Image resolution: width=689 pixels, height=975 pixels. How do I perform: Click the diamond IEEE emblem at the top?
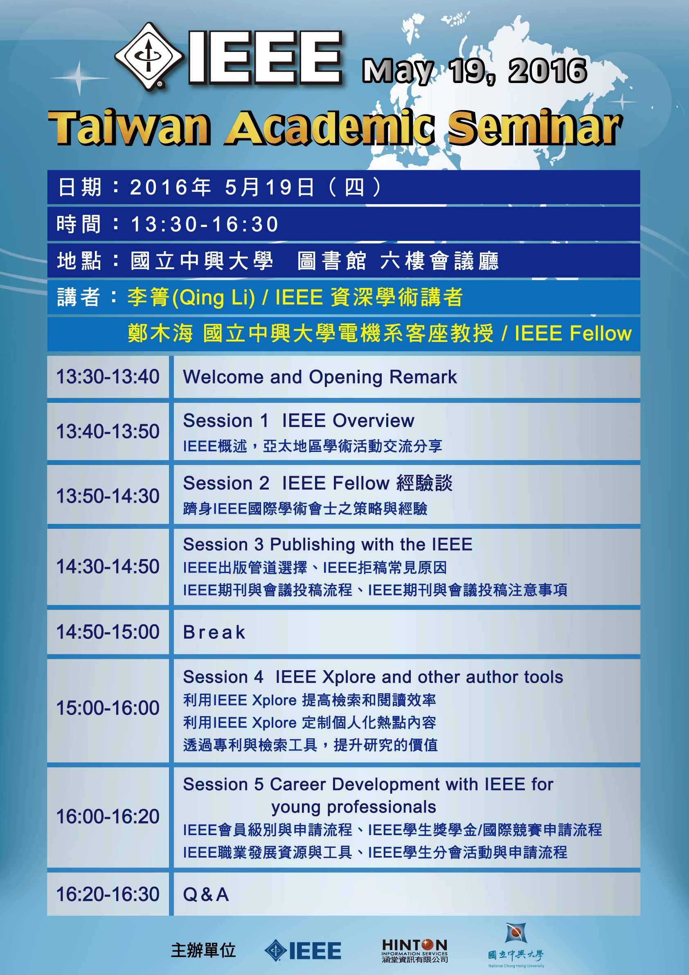click(x=149, y=56)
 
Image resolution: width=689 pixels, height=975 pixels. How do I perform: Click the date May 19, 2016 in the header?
click(x=475, y=71)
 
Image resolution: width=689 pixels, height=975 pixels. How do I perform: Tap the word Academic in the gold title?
click(x=330, y=127)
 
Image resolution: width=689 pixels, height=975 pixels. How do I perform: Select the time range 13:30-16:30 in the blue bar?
click(x=204, y=224)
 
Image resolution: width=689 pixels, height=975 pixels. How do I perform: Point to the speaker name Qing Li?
click(x=214, y=297)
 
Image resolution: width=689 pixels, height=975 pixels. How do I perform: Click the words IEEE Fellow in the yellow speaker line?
click(x=573, y=333)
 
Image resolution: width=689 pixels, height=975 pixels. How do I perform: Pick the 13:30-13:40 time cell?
click(x=108, y=377)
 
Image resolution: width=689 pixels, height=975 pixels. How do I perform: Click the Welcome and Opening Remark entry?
click(x=320, y=377)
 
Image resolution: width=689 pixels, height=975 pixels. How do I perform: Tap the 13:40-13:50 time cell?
click(x=108, y=431)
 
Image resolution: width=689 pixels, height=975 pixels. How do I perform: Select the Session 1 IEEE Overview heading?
click(x=299, y=421)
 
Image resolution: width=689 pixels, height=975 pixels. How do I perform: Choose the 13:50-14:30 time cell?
click(x=108, y=496)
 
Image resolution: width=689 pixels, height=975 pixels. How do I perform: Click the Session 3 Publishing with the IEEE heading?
click(x=327, y=544)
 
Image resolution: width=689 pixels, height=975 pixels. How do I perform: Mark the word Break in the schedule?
click(x=214, y=632)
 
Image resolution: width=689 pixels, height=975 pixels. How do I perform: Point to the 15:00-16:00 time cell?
click(x=108, y=708)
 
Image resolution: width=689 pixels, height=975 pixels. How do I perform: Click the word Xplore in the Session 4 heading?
click(x=349, y=677)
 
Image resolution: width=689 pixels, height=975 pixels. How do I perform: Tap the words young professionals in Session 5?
click(x=354, y=807)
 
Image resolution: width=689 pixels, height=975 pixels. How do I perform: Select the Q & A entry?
click(x=206, y=895)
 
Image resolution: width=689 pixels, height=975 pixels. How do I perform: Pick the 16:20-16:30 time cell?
click(x=108, y=894)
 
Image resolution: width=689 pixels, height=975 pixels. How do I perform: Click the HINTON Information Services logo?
click(x=414, y=950)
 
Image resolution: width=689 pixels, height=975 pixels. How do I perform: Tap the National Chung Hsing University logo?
click(x=516, y=945)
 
